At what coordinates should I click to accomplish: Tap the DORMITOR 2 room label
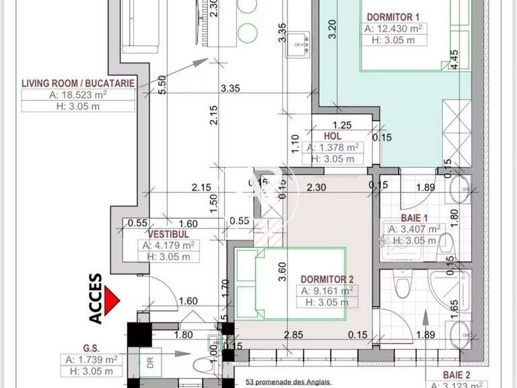(x=327, y=278)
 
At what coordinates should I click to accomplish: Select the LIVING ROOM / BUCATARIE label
(x=78, y=83)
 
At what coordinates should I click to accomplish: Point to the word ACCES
(x=96, y=298)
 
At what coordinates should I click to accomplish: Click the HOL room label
(x=333, y=135)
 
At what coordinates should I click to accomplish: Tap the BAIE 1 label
(x=415, y=218)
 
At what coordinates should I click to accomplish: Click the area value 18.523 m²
(x=78, y=95)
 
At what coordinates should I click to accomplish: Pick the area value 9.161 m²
(x=327, y=291)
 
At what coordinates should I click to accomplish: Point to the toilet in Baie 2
(x=401, y=286)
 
